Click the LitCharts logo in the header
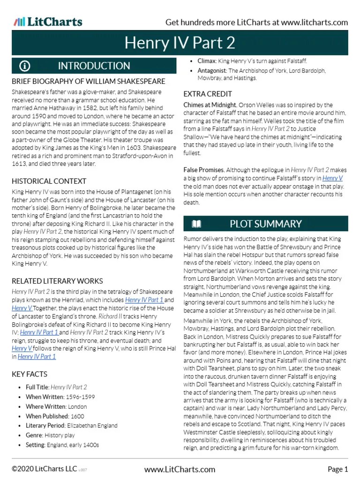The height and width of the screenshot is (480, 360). [x=48, y=22]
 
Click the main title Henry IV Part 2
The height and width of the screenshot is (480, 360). [x=180, y=43]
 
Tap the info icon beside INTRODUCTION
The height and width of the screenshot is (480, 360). [x=25, y=66]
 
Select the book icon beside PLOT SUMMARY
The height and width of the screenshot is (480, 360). [x=196, y=224]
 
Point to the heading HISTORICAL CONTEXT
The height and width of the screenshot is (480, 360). [x=49, y=181]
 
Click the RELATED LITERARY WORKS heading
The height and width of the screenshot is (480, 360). [x=57, y=281]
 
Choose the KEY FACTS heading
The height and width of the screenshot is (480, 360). [x=30, y=374]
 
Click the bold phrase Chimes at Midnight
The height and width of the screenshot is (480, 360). [x=210, y=105]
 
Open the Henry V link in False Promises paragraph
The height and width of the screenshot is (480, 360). [x=332, y=178]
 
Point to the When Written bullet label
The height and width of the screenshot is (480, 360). [x=45, y=397]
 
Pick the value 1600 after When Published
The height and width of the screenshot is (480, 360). [x=77, y=416]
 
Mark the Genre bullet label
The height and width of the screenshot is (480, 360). [x=34, y=435]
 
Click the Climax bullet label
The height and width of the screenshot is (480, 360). [x=206, y=61]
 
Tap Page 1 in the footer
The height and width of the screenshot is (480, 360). [x=337, y=469]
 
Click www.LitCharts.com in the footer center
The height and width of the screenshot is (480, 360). [x=180, y=469]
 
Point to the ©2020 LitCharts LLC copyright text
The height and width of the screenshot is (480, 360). [x=44, y=469]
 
